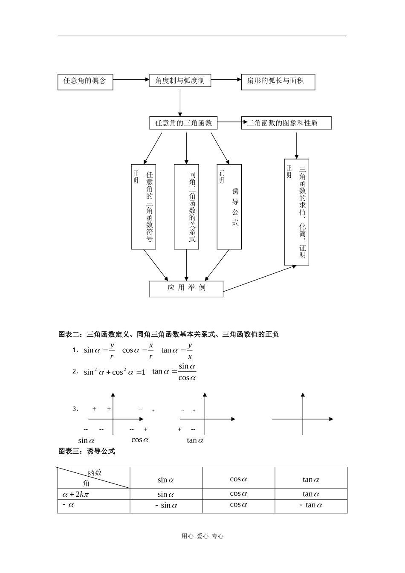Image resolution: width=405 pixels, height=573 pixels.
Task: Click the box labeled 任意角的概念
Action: [x=85, y=82]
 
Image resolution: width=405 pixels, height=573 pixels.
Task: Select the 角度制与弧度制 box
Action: [x=180, y=80]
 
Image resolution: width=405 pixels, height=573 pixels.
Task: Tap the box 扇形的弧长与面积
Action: [x=278, y=82]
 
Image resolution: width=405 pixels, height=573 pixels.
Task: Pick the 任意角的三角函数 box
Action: [x=183, y=123]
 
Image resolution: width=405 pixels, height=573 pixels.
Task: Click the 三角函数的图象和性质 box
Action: [x=286, y=123]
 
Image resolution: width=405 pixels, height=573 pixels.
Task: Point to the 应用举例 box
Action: [x=186, y=289]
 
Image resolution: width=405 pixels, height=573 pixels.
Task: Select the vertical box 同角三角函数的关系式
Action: [x=187, y=207]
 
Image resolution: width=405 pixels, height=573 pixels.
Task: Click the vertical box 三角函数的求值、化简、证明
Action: [x=297, y=212]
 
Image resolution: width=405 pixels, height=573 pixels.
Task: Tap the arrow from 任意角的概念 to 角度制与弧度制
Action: [x=131, y=79]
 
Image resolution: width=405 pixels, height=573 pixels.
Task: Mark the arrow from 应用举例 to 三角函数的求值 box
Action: [x=259, y=279]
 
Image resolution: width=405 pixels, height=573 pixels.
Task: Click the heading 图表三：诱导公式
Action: [x=87, y=451]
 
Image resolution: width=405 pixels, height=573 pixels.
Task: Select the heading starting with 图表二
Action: [x=168, y=335]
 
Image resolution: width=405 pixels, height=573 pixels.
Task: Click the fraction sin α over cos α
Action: [x=187, y=372]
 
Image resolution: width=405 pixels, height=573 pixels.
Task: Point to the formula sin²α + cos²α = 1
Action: [x=114, y=372]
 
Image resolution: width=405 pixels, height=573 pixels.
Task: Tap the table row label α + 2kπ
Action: [x=75, y=494]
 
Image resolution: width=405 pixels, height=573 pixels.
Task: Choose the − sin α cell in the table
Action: [x=166, y=506]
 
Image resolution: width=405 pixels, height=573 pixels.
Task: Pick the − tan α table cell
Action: [x=311, y=505]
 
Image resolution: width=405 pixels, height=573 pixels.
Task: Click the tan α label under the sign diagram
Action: [x=195, y=440]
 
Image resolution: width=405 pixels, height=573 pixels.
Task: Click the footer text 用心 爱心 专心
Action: [x=202, y=536]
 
